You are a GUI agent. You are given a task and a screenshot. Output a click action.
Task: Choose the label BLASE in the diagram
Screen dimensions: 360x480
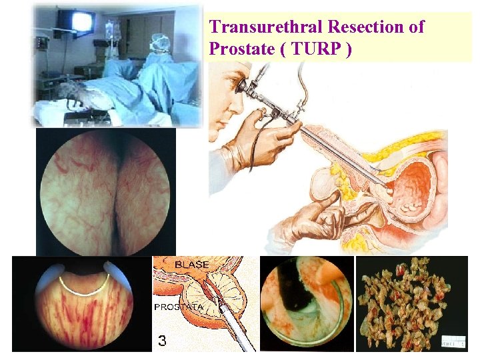193,265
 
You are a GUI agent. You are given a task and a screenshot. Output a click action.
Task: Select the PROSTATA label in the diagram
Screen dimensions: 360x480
177,307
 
